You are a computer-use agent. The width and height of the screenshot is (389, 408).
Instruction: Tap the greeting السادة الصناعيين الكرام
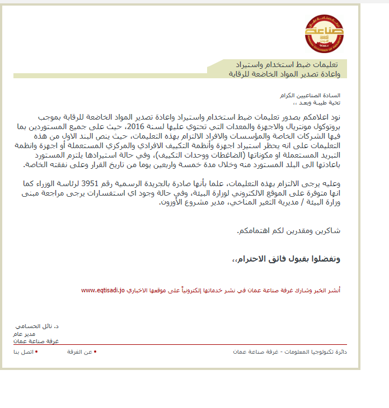tap(317, 96)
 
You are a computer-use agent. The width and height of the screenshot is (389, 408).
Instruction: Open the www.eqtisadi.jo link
tap(103, 291)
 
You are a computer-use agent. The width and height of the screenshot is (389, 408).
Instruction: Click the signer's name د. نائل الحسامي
tap(38, 325)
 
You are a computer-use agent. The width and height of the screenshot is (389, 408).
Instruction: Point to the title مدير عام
tap(24, 333)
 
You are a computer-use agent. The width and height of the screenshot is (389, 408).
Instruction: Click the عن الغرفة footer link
tap(80, 352)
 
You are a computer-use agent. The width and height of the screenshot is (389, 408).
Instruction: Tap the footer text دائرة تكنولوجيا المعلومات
tap(316, 352)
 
